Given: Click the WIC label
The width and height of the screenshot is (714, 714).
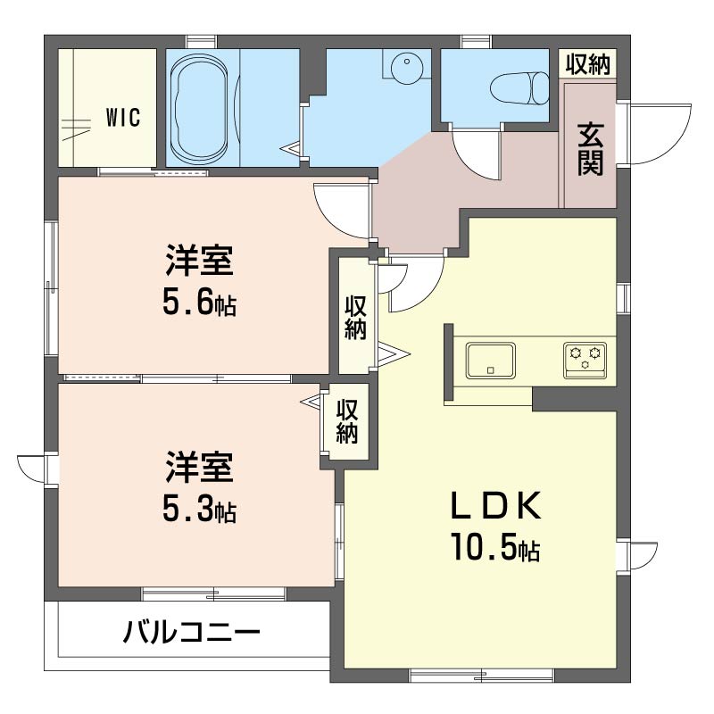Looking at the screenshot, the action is [x=123, y=118].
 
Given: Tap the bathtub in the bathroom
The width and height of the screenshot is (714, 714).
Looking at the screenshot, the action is [x=198, y=108].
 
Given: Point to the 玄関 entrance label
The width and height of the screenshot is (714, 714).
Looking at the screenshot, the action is [x=591, y=149].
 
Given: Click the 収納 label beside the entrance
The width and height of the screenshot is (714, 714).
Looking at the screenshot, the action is [x=588, y=63].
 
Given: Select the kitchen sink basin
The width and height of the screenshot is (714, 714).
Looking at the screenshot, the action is [x=490, y=361].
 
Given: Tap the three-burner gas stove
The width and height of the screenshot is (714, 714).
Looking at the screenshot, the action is [x=585, y=361].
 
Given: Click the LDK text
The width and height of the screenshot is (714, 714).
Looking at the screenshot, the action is [x=496, y=505].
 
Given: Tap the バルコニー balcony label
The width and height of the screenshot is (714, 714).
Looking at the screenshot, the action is [x=192, y=632].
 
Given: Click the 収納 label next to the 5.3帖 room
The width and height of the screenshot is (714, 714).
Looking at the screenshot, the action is [x=347, y=421].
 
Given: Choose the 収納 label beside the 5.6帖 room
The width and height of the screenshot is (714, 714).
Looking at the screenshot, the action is [x=355, y=318].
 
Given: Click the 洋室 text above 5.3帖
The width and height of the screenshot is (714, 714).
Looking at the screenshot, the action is [x=199, y=467].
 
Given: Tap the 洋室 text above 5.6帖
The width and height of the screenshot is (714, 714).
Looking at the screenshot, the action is [x=199, y=260].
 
